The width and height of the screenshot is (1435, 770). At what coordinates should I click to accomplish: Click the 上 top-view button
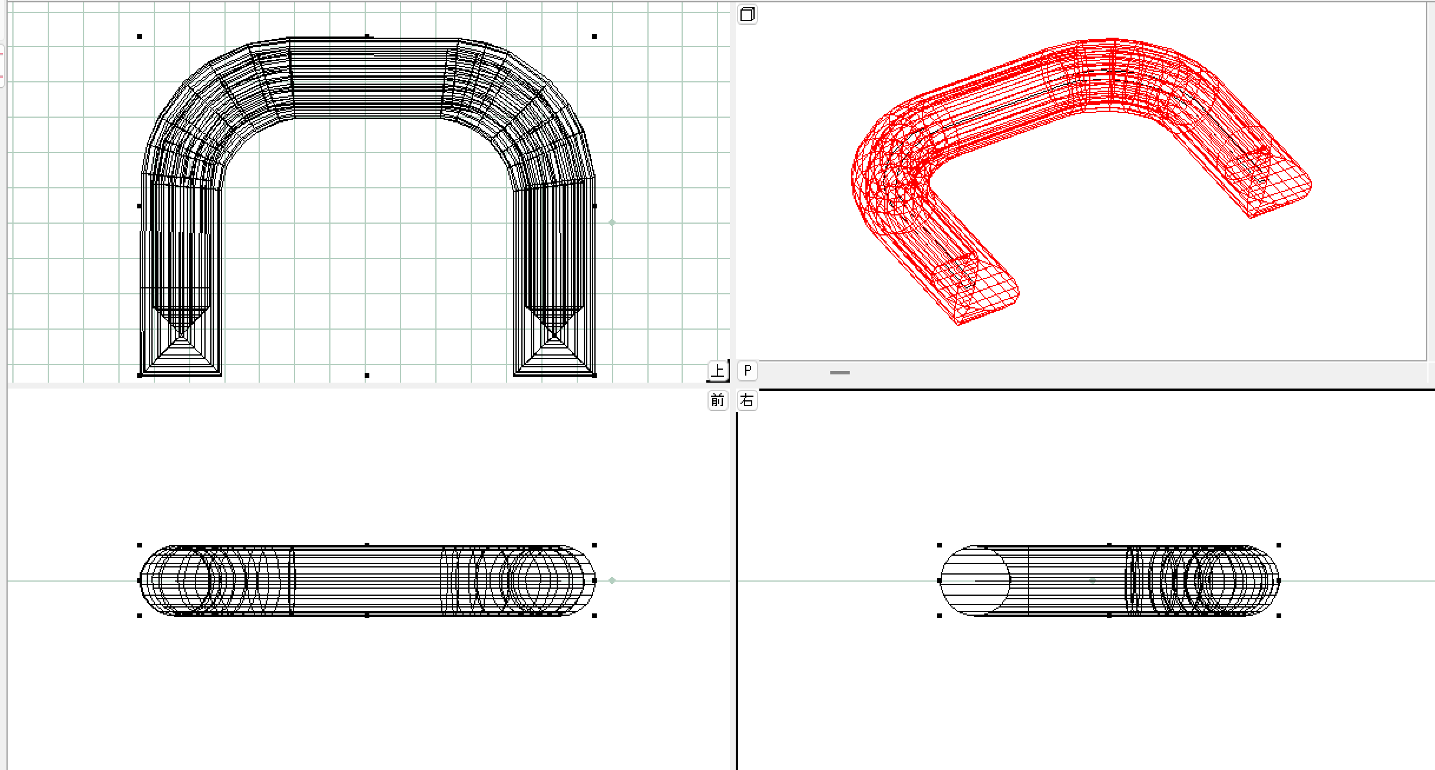[717, 371]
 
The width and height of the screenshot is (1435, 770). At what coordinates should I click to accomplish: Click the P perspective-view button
[748, 370]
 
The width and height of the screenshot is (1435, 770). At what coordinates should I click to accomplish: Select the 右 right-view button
[748, 401]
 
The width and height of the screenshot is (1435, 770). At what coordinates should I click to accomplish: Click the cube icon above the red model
[748, 14]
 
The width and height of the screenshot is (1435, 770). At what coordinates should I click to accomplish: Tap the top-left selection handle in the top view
[140, 36]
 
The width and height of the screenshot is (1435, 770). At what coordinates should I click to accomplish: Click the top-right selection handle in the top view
[594, 36]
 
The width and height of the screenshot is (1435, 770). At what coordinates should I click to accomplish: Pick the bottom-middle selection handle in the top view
[367, 376]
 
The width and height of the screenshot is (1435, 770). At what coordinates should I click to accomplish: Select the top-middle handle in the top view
[367, 36]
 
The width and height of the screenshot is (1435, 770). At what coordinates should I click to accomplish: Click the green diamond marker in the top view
[612, 223]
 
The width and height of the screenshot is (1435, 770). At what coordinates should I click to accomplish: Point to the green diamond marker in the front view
[612, 580]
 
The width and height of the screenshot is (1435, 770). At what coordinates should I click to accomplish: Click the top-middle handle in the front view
[367, 545]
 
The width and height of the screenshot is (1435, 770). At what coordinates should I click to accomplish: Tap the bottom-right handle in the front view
[594, 616]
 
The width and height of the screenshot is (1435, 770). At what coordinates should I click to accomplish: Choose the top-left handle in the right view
[940, 545]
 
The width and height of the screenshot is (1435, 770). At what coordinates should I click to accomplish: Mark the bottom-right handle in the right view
[1279, 616]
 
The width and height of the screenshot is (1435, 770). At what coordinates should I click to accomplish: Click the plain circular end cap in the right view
[976, 580]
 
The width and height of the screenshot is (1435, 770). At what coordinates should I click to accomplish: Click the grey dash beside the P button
[840, 373]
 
